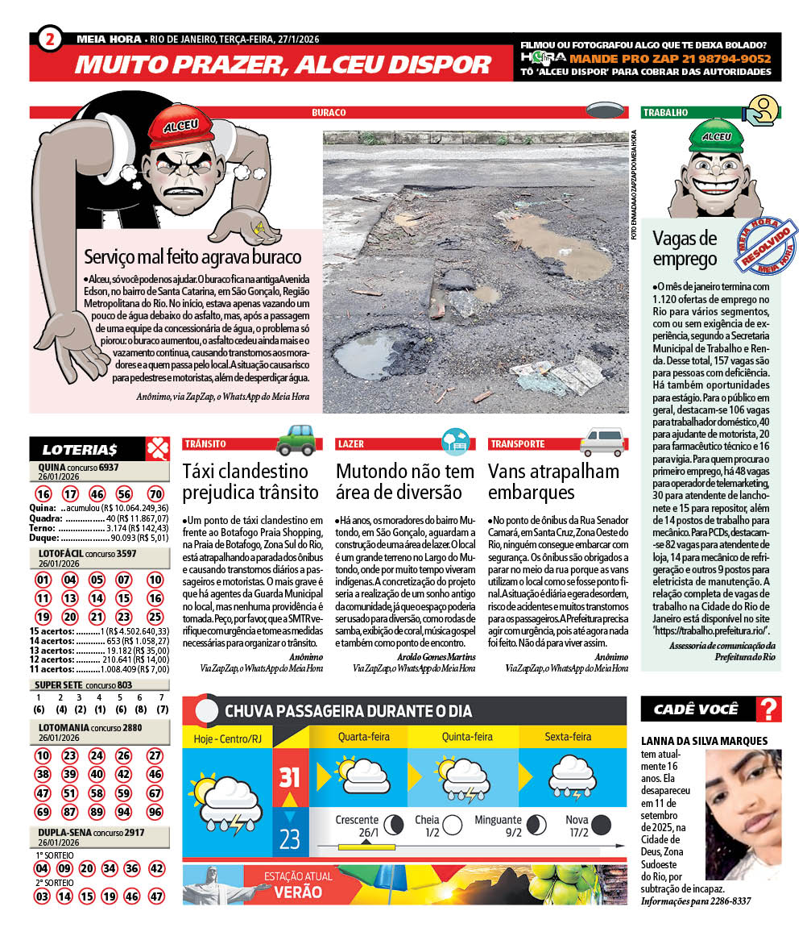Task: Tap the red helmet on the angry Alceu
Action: pyautogui.click(x=180, y=129)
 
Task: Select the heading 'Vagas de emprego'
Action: pyautogui.click(x=684, y=248)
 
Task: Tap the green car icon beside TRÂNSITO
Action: pyautogui.click(x=294, y=440)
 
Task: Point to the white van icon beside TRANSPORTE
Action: pyautogui.click(x=602, y=442)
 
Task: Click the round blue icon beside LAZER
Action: pyautogui.click(x=455, y=441)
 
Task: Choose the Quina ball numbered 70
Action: pyautogui.click(x=155, y=494)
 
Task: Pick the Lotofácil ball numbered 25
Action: pyautogui.click(x=155, y=617)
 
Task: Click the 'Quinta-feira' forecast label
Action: pyautogui.click(x=467, y=737)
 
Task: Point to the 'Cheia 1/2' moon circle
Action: pyautogui.click(x=453, y=824)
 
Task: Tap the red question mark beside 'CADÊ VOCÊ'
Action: pyautogui.click(x=769, y=709)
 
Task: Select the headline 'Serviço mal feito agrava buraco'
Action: pyautogui.click(x=192, y=257)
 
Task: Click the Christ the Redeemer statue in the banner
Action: pyautogui.click(x=213, y=882)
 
